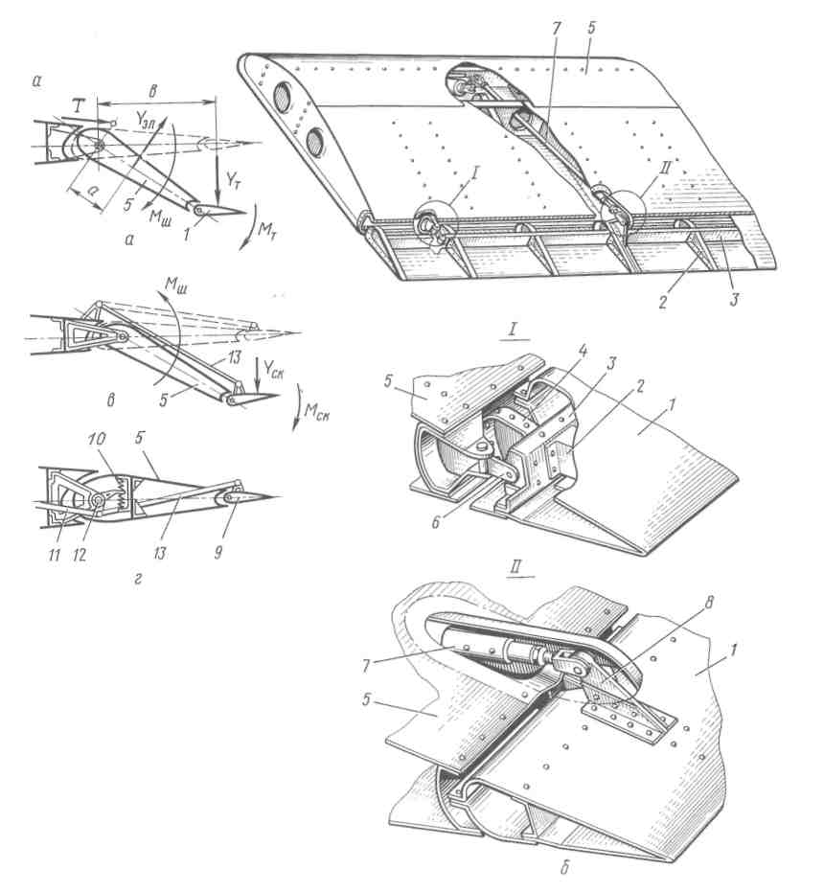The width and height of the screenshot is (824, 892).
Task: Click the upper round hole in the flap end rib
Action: coord(285,99)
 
